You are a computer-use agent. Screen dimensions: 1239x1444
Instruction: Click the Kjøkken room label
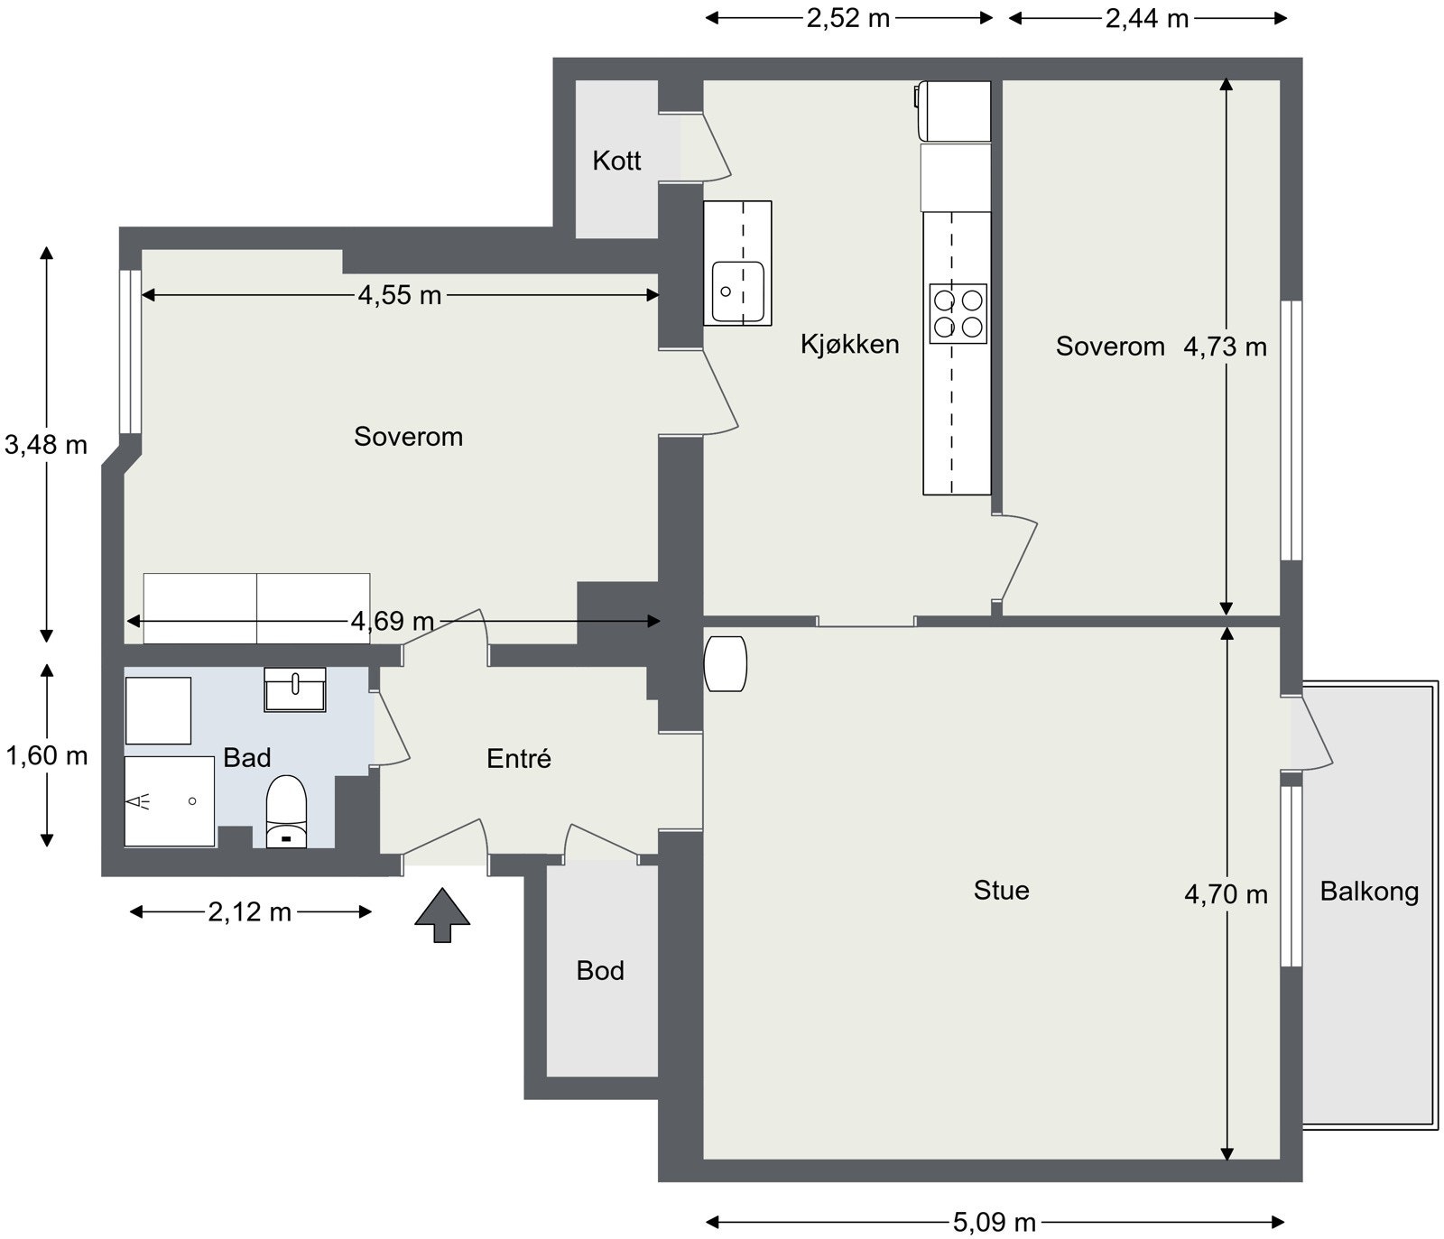pyautogui.click(x=849, y=344)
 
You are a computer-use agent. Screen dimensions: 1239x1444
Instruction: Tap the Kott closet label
pyautogui.click(x=616, y=161)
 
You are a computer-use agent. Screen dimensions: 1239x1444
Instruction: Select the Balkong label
pyautogui.click(x=1368, y=892)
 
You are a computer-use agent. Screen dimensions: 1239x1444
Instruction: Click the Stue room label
pyautogui.click(x=1001, y=891)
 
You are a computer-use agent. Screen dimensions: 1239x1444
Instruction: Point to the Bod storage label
pyautogui.click(x=600, y=971)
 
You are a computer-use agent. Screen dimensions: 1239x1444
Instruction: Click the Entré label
pyautogui.click(x=518, y=759)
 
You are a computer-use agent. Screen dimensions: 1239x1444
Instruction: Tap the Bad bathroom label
pyautogui.click(x=246, y=757)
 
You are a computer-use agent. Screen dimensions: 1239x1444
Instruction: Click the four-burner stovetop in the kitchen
pyautogui.click(x=958, y=313)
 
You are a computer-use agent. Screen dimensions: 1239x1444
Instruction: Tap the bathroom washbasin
pyautogui.click(x=294, y=689)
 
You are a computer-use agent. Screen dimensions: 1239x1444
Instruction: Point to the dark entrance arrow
pyautogui.click(x=442, y=915)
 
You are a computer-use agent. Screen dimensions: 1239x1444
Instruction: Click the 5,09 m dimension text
pyautogui.click(x=994, y=1223)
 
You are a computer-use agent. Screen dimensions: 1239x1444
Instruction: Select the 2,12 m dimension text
pyautogui.click(x=250, y=912)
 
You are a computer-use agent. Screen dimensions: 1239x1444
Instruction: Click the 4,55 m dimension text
pyautogui.click(x=399, y=295)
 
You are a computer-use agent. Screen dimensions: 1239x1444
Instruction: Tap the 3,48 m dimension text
pyautogui.click(x=46, y=444)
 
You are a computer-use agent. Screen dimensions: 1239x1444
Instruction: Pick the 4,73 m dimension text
pyautogui.click(x=1225, y=347)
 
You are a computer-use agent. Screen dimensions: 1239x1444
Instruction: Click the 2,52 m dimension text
pyautogui.click(x=847, y=18)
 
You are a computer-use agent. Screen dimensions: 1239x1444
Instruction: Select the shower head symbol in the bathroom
pyautogui.click(x=138, y=800)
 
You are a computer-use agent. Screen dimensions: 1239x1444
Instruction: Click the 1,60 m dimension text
pyautogui.click(x=47, y=755)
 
